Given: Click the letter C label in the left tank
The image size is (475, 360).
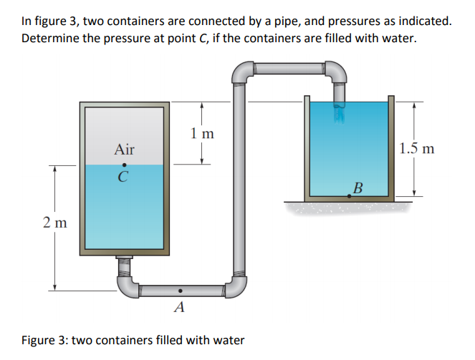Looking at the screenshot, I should [x=125, y=177].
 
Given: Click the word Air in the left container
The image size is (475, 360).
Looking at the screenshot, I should [x=124, y=150].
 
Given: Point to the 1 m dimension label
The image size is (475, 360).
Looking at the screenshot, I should [x=202, y=132].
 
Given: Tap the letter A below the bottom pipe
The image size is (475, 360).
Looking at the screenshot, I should [x=179, y=308].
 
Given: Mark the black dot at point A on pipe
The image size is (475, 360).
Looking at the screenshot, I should [x=180, y=291].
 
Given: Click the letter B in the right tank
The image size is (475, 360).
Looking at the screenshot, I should [x=358, y=188].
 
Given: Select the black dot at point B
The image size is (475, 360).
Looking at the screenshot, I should [x=349, y=195].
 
